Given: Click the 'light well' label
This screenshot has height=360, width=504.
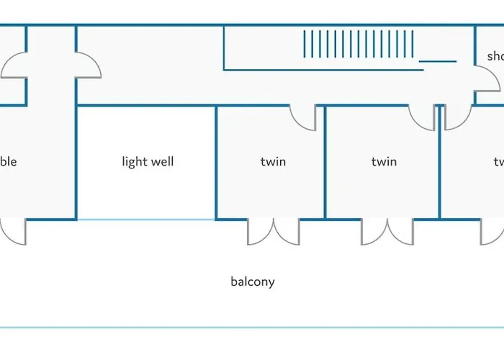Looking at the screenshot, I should tap(148, 162).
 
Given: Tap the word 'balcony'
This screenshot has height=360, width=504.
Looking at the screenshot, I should tap(252, 282).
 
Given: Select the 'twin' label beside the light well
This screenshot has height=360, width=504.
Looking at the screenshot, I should tap(273, 162).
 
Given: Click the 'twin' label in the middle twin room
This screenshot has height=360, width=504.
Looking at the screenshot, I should tap(384, 162).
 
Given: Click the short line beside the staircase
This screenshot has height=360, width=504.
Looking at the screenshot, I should tap(438, 61).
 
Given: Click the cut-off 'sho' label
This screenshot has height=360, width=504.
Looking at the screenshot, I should tap(495, 56).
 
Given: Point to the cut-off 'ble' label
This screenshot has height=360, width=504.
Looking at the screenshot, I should tap(8, 162).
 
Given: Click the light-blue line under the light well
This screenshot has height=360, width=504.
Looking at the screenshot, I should tap(146, 219).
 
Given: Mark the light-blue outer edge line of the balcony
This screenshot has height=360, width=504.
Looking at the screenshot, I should tap(252, 328).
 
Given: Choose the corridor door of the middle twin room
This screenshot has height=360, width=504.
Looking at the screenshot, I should tap(422, 118).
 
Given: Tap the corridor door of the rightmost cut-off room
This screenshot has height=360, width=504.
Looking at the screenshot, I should tap(456, 118).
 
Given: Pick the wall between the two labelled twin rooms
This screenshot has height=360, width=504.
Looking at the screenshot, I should tap(325, 162).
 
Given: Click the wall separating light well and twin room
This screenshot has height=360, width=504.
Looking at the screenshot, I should tap(216, 162).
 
